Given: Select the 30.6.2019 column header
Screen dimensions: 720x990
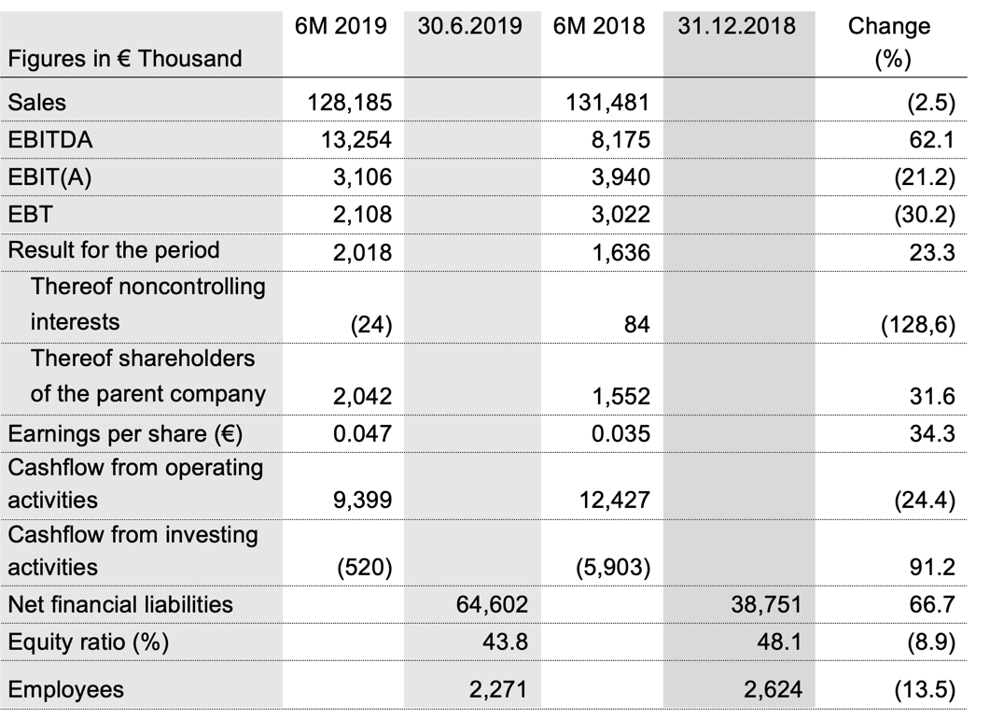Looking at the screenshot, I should [x=470, y=26].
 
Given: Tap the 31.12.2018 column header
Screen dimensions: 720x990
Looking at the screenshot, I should [x=737, y=26].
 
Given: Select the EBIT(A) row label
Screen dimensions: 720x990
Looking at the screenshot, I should [x=49, y=176].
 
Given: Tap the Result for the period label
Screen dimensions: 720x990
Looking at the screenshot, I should [x=114, y=250].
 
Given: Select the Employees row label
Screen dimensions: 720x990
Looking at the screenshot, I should [x=65, y=690].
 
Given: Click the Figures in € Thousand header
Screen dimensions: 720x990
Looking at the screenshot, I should [x=124, y=58].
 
